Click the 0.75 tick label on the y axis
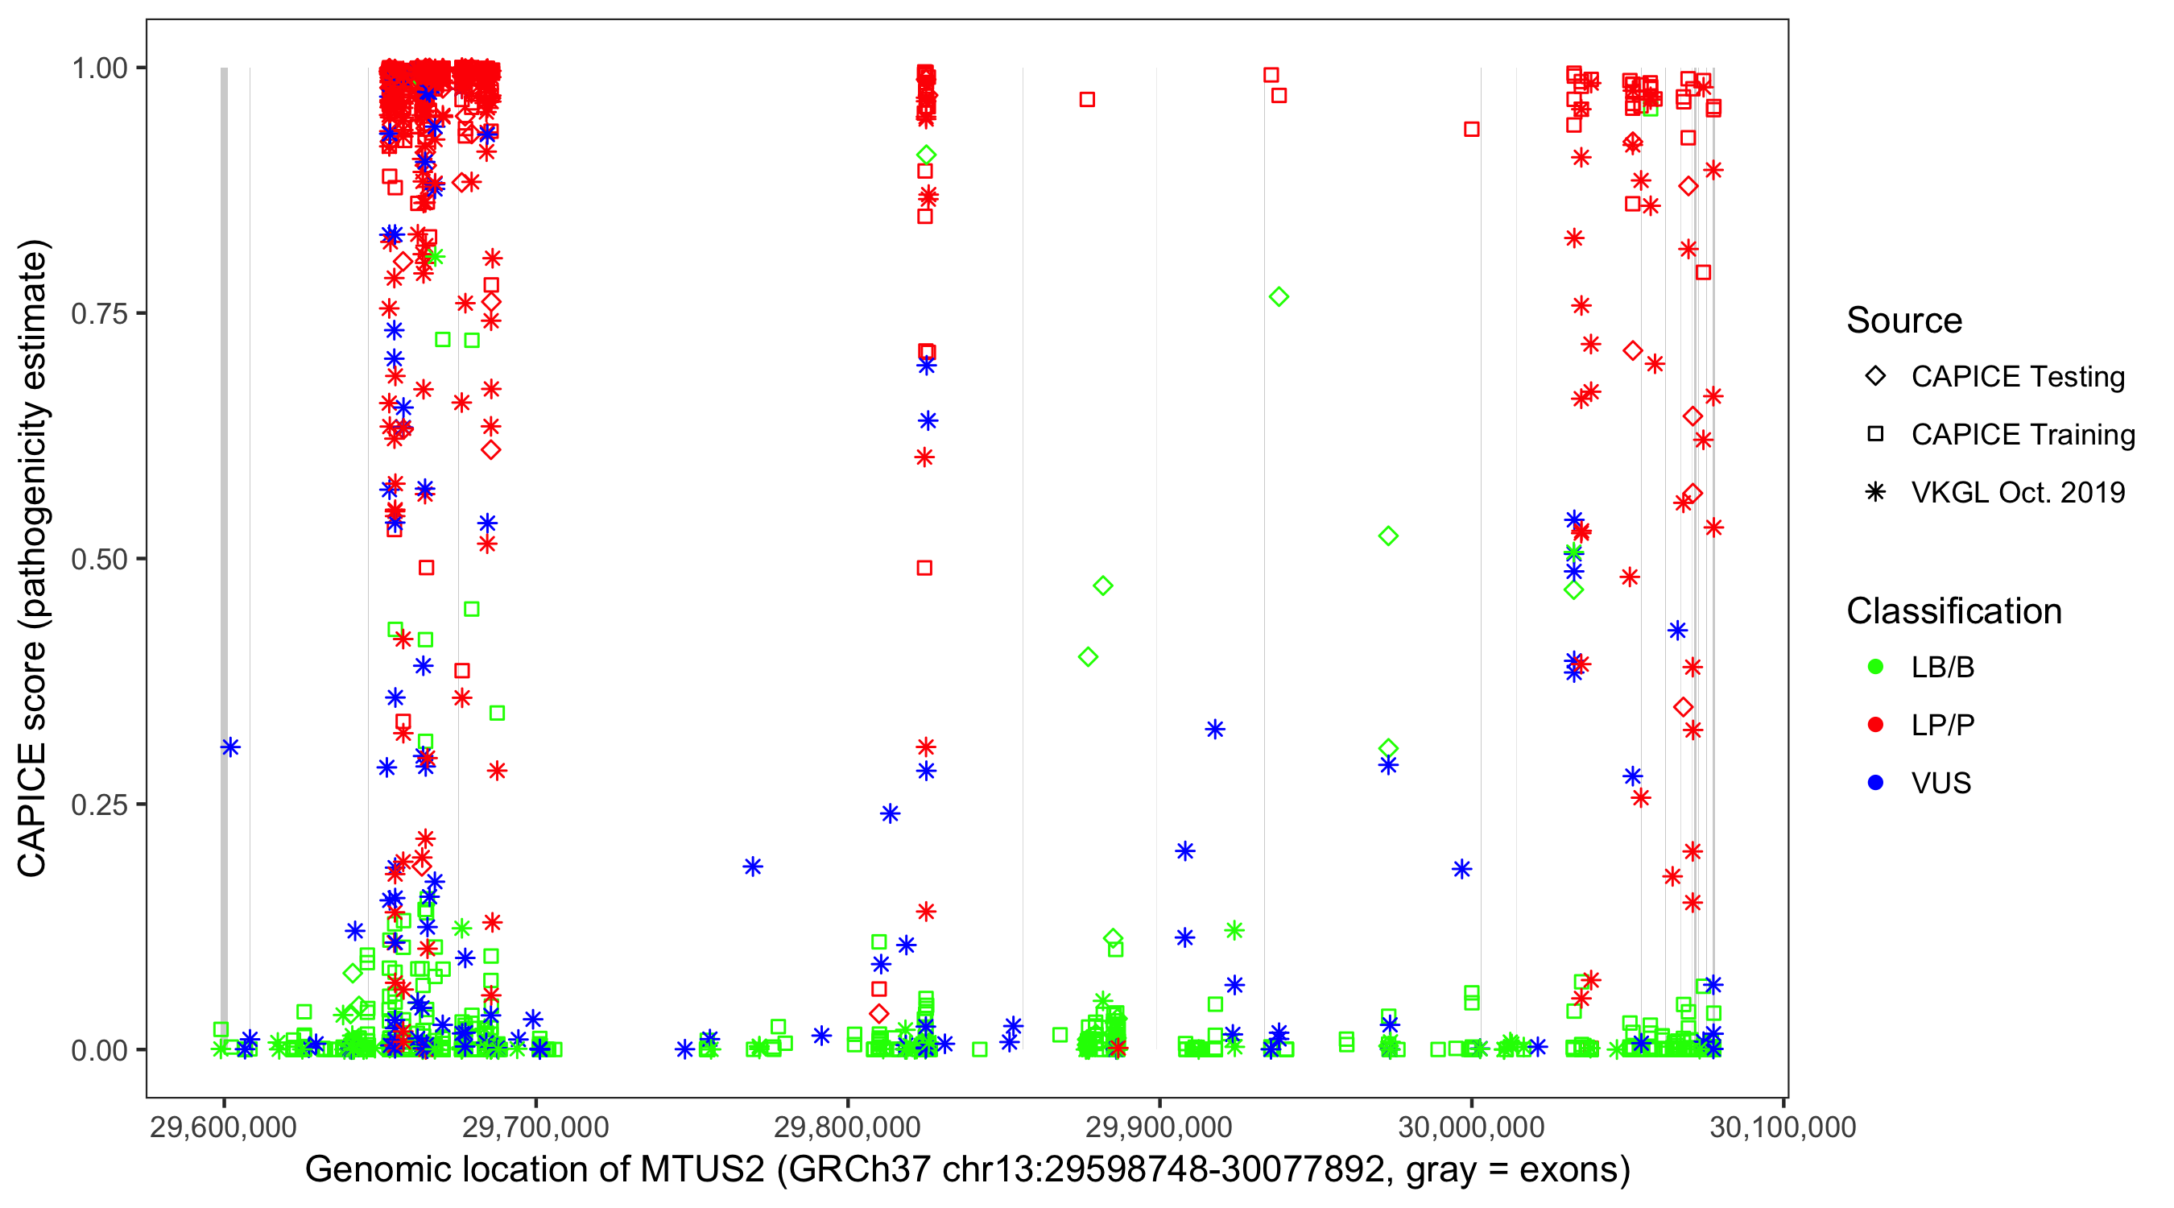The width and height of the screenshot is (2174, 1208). [99, 314]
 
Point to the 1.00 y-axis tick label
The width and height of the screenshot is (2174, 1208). [99, 68]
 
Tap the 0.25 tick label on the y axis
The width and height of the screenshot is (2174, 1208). [99, 805]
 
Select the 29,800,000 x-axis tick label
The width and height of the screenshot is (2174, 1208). [846, 1127]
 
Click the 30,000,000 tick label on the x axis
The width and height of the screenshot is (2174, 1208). [1471, 1127]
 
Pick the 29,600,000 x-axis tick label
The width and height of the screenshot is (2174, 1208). [224, 1127]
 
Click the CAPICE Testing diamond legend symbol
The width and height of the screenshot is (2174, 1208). [1875, 377]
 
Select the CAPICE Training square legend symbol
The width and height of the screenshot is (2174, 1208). [1875, 435]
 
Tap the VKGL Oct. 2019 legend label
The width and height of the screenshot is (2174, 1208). [2018, 493]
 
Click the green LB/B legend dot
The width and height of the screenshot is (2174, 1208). [1875, 668]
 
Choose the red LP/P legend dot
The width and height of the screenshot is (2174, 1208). [1875, 725]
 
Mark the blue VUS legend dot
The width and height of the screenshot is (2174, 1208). [1875, 784]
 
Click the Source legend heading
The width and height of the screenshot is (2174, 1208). [1904, 321]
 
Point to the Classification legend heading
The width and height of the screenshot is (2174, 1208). [1953, 611]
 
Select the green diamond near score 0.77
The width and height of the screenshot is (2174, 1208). [1279, 297]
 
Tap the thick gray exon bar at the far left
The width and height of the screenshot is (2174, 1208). [225, 557]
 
